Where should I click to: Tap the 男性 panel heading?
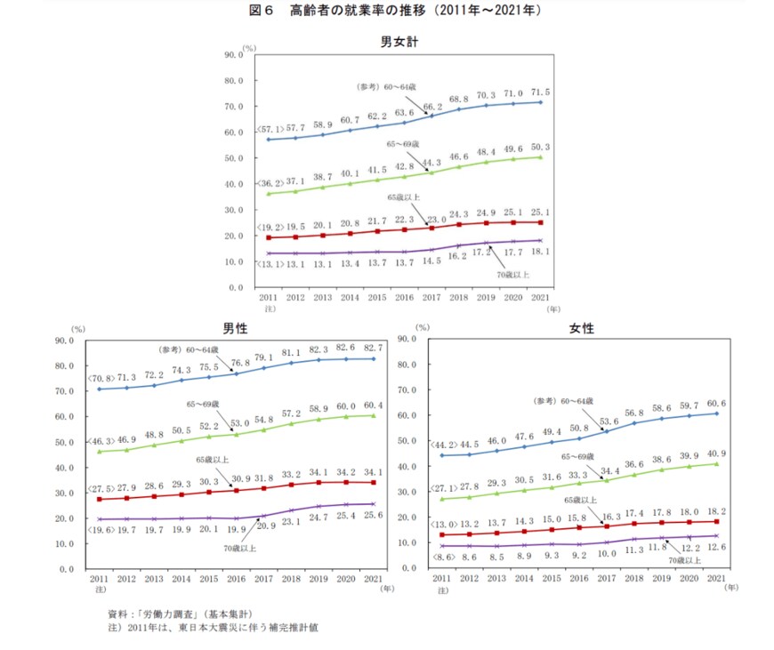(235, 328)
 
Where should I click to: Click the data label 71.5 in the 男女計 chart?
(540, 92)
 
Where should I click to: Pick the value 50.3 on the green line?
(540, 147)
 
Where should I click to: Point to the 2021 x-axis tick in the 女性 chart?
(717, 578)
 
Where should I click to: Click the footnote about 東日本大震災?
(213, 628)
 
